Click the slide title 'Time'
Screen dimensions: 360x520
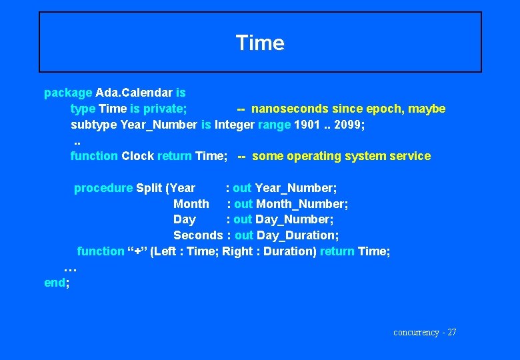coord(260,43)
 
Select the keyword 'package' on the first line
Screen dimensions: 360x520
coord(68,93)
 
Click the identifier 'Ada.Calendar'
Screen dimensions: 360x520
coord(134,93)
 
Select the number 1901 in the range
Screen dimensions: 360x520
coord(307,125)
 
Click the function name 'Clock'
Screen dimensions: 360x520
coord(137,156)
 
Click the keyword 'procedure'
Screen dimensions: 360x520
coord(103,188)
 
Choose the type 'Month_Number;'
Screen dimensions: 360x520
coord(302,204)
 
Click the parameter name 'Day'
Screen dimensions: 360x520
coord(185,219)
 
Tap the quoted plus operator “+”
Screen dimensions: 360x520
coord(137,251)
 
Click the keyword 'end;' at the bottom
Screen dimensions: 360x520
coord(57,283)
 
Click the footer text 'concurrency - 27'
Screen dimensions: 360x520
coord(425,332)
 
